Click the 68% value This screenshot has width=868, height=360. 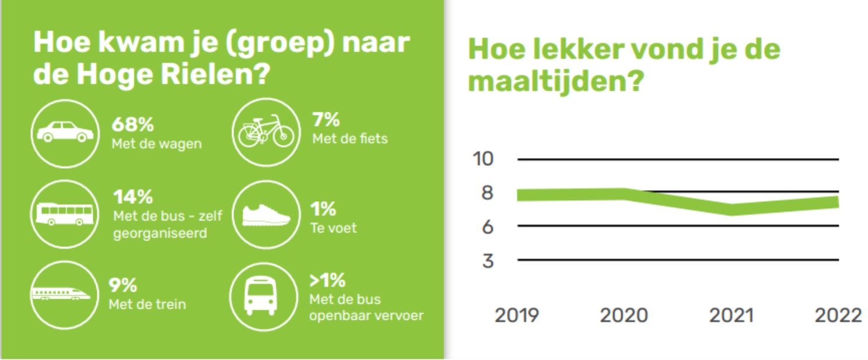coord(132,125)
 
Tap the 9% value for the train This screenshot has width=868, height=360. coord(124,285)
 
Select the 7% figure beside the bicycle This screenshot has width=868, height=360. coord(326,120)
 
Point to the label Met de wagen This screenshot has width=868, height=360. coord(157,144)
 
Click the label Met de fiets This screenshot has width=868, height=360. coord(350,139)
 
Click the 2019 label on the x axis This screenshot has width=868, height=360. coord(517,316)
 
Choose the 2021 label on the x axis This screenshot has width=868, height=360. coord(731,316)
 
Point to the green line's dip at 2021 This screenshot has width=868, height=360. coord(731,209)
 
